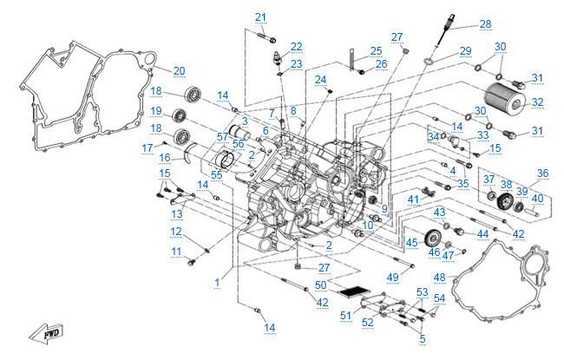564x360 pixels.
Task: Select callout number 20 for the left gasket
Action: click(179, 70)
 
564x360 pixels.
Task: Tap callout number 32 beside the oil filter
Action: click(537, 102)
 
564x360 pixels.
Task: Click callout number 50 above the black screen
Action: click(321, 285)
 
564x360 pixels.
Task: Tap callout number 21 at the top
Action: click(261, 17)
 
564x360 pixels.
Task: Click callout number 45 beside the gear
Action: click(411, 241)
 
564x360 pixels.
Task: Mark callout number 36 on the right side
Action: click(544, 173)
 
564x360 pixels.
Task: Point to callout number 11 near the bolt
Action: click(177, 252)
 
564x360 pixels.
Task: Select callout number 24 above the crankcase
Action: click(321, 80)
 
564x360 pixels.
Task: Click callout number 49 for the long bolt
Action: click(392, 276)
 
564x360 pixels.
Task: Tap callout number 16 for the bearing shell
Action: click(164, 158)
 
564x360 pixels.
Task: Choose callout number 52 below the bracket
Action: click(367, 322)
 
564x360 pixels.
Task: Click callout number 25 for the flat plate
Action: click(376, 50)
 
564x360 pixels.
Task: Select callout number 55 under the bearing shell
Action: click(217, 174)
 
